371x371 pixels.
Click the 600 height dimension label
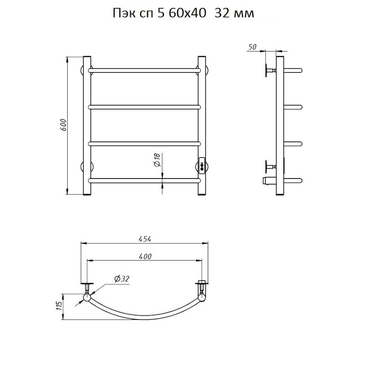click(x=63, y=125)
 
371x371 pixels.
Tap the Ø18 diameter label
click(x=157, y=160)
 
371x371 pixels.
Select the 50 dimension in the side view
click(x=252, y=47)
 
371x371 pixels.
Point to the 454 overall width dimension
click(x=145, y=239)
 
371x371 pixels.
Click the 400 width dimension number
click(x=145, y=256)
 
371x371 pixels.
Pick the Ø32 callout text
click(x=122, y=279)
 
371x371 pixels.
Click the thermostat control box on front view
click(x=202, y=165)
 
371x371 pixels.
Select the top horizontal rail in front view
click(x=144, y=70)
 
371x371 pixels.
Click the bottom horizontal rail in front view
click(x=144, y=181)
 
